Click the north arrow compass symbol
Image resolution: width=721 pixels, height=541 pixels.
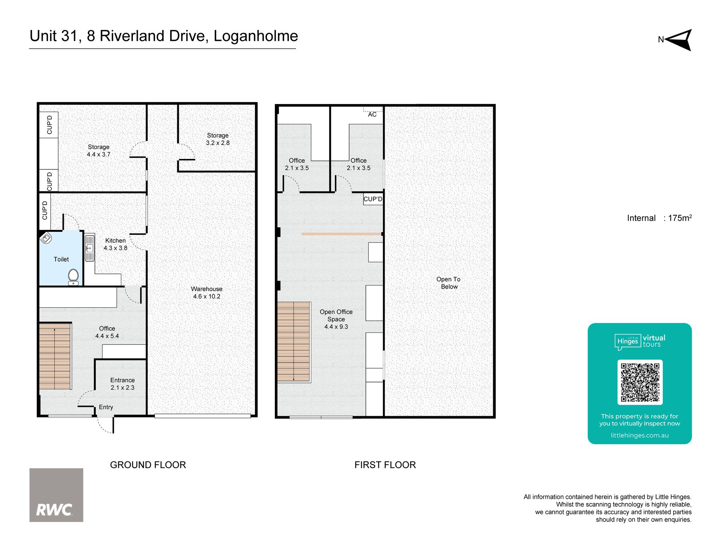coord(679,40)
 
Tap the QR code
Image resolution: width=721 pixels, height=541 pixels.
coord(640,382)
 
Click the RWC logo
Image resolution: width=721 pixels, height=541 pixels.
coord(56,495)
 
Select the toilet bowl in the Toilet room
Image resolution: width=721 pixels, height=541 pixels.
coord(74,277)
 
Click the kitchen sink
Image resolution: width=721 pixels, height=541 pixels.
coord(89,248)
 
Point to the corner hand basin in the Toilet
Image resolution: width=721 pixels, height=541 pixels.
coord(45,238)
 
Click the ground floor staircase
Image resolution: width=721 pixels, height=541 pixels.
coord(55,356)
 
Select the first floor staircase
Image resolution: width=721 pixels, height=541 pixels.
coord(294,342)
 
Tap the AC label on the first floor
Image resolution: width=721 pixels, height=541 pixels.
coord(372,114)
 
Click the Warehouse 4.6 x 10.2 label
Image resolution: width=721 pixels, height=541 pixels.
coord(207,293)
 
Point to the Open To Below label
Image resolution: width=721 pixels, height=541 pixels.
coord(449,283)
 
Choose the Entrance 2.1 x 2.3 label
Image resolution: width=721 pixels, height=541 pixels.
coord(122,384)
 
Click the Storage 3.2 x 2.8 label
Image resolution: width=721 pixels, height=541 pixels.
coord(218,139)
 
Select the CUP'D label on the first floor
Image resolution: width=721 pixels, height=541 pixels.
coord(373,199)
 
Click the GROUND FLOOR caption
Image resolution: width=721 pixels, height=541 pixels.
coord(148,465)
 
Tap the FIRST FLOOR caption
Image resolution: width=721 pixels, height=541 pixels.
coord(385,465)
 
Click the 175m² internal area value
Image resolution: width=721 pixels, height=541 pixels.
coord(680,218)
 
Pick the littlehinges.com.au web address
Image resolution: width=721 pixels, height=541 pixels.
coord(640,435)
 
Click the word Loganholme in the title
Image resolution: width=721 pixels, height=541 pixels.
coord(256,36)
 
